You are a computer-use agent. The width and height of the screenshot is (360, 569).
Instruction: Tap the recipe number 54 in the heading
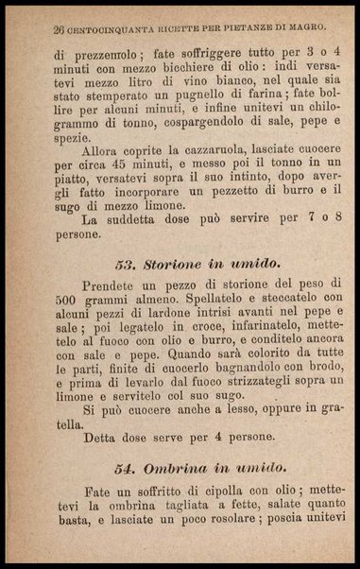(127, 467)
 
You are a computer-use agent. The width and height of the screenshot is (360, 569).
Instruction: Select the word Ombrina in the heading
(178, 467)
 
